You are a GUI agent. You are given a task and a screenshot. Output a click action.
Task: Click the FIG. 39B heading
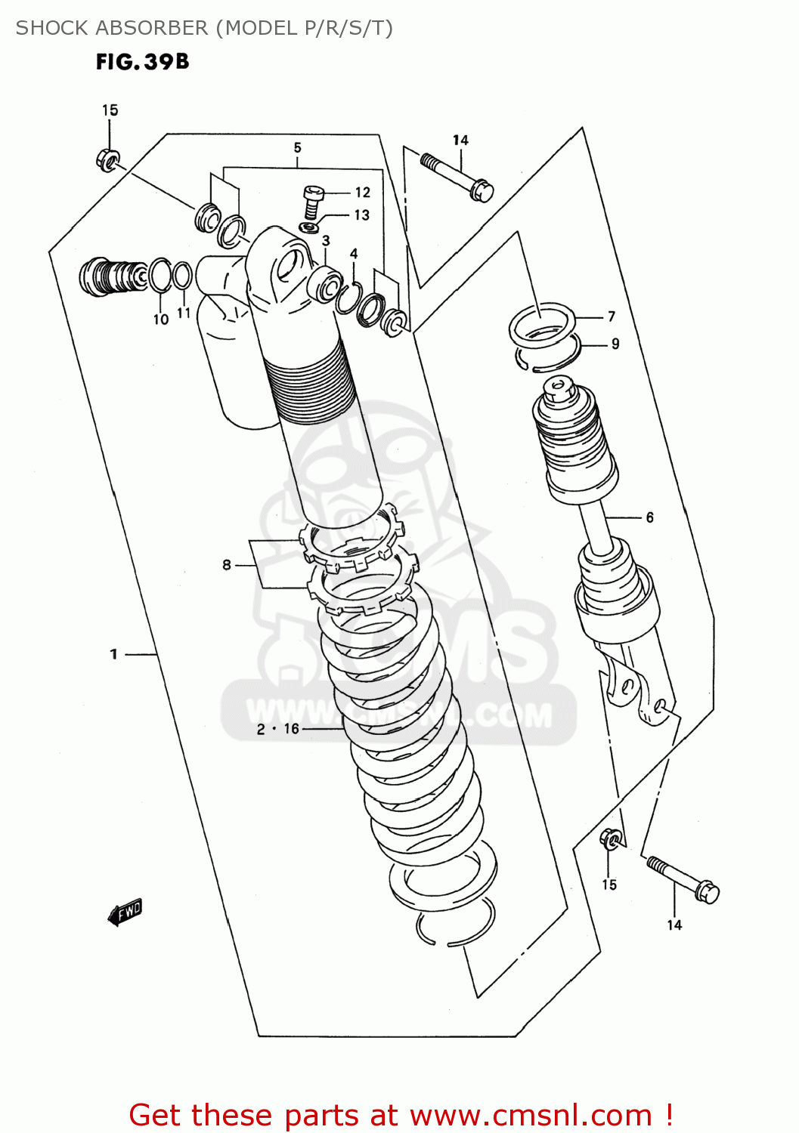click(142, 62)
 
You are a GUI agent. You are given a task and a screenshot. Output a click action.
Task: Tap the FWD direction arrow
click(125, 912)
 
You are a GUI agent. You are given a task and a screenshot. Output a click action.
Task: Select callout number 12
click(362, 193)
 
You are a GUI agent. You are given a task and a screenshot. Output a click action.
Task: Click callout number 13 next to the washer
click(361, 215)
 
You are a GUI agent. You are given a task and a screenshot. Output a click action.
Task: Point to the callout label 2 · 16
click(277, 729)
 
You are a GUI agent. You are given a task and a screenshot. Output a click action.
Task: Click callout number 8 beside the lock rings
click(226, 564)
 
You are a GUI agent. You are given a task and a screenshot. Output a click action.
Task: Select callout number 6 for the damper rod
click(649, 517)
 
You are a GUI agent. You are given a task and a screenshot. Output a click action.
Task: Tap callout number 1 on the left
click(113, 654)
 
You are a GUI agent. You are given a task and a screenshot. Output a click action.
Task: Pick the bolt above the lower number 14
click(683, 879)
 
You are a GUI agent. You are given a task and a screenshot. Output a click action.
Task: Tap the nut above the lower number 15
click(611, 838)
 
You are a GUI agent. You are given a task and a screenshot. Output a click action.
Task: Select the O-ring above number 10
click(159, 275)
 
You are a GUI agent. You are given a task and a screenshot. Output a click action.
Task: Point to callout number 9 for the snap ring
click(615, 344)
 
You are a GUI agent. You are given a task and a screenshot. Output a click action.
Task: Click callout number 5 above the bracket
click(297, 148)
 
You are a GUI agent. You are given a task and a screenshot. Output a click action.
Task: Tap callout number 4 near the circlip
click(353, 254)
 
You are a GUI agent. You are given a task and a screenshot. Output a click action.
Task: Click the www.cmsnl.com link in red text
click(531, 1115)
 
